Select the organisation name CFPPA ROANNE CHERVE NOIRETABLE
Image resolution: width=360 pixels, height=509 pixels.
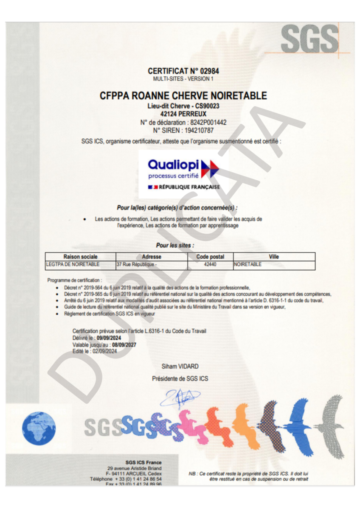pyautogui.click(x=183, y=96)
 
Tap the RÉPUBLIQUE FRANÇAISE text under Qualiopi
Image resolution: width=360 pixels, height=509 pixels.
pyautogui.click(x=189, y=187)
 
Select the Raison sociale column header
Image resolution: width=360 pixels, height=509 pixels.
pyautogui.click(x=80, y=257)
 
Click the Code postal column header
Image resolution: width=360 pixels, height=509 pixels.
pyautogui.click(x=210, y=257)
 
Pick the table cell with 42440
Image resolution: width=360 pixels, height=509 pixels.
pyautogui.click(x=210, y=264)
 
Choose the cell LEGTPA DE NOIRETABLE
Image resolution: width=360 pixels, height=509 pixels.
pyautogui.click(x=73, y=264)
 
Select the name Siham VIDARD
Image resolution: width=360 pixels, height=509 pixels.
pyautogui.click(x=180, y=366)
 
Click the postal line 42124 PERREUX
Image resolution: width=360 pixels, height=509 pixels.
pyautogui.click(x=183, y=114)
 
